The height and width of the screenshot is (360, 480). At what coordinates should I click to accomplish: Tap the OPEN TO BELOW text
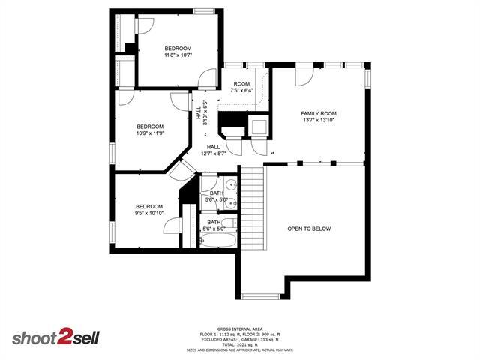308,229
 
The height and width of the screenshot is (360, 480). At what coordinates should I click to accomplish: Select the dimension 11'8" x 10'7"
178,55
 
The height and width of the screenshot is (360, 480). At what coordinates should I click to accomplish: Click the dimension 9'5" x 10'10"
148,214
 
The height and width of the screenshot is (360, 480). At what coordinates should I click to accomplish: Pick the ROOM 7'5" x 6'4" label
241,87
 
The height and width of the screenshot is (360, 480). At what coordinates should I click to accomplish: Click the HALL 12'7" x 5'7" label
213,150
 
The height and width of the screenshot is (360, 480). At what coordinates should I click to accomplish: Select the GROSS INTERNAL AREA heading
239,329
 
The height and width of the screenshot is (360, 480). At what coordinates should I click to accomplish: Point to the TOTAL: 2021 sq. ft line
239,345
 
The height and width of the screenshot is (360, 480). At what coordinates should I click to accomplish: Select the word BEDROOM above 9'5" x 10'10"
148,206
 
